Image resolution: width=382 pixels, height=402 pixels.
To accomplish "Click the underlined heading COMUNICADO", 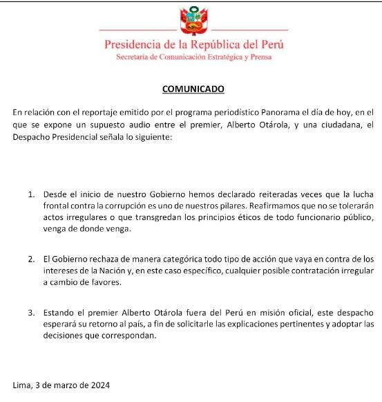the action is coord(193,89).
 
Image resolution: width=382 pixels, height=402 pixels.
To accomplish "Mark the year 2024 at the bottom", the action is coord(97,384).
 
